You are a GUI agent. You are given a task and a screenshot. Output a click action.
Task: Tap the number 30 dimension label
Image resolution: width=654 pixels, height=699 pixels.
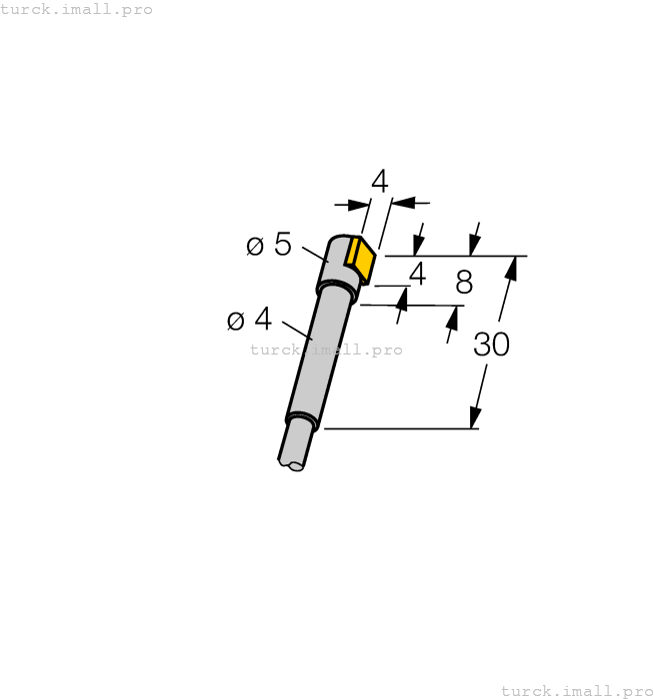click(x=491, y=345)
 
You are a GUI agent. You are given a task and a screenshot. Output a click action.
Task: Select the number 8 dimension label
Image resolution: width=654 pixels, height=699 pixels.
click(x=463, y=283)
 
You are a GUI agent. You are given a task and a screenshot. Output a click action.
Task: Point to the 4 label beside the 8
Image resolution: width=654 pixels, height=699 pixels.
click(x=417, y=274)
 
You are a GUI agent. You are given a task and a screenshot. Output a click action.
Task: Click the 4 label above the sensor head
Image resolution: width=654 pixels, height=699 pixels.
click(x=379, y=182)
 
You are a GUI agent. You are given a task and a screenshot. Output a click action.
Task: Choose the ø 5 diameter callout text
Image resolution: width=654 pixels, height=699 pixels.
click(x=269, y=245)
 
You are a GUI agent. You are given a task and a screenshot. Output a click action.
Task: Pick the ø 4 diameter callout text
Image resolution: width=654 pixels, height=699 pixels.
click(x=249, y=320)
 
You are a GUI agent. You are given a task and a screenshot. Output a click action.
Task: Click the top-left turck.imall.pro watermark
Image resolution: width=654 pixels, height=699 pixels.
click(x=77, y=9)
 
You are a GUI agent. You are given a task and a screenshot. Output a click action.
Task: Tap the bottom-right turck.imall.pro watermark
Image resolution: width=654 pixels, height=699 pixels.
click(x=577, y=691)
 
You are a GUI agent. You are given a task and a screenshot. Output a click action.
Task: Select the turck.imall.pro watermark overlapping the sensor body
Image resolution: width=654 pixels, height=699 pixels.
click(x=326, y=349)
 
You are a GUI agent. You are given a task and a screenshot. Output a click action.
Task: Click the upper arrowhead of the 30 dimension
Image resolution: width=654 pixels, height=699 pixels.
click(x=511, y=268)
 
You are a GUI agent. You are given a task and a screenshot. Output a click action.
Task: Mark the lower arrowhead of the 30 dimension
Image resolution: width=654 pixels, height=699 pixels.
click(x=477, y=416)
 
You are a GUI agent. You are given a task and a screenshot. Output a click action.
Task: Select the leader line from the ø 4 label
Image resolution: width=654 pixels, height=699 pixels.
click(x=297, y=331)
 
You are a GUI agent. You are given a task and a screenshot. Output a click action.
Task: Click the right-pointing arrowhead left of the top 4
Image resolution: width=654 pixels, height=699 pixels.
click(x=358, y=205)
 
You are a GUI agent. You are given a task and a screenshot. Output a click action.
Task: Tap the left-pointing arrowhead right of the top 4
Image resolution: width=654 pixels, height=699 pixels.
click(x=401, y=203)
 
